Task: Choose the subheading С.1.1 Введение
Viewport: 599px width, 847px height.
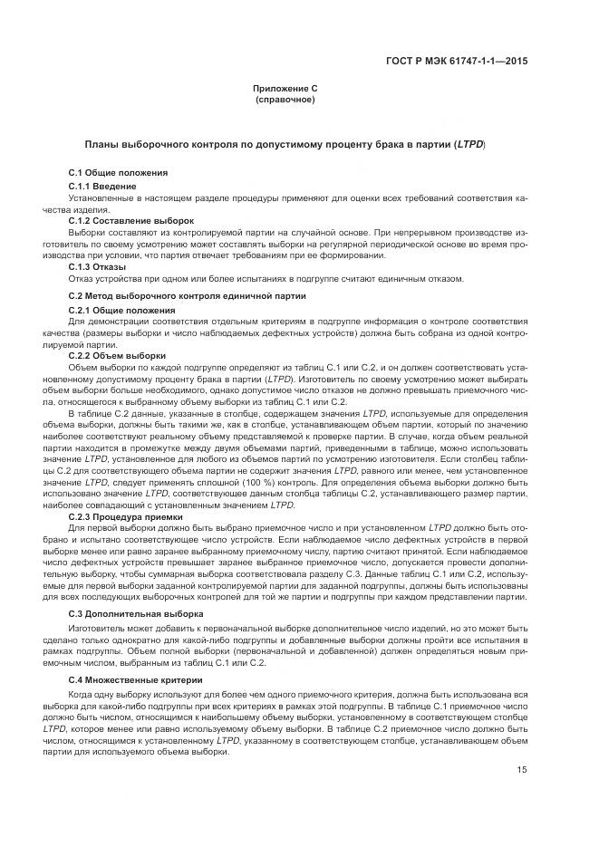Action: (x=102, y=186)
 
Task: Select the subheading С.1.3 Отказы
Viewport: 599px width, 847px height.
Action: (x=98, y=267)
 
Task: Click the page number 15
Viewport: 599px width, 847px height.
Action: (x=523, y=770)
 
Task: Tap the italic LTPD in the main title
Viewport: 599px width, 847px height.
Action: (x=470, y=143)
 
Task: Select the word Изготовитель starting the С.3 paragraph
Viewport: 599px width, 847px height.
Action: (x=97, y=627)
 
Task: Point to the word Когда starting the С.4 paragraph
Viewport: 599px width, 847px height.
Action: (x=82, y=693)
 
